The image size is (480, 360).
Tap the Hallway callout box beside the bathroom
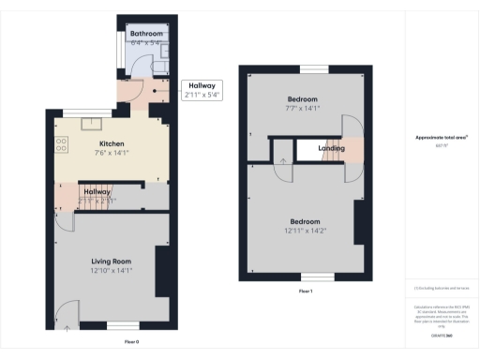click(202, 90)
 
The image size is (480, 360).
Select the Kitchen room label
click(112, 143)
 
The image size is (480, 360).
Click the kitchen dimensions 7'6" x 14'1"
click(112, 153)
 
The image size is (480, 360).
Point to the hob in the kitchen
click(62, 144)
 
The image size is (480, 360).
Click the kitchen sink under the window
click(94, 121)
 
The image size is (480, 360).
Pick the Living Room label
click(111, 261)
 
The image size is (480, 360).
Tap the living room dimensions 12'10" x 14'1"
click(111, 270)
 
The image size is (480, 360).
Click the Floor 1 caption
click(305, 292)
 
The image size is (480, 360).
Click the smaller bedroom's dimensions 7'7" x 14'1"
click(302, 108)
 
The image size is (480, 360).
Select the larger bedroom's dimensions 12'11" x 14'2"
click(304, 232)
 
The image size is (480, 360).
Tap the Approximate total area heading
click(442, 138)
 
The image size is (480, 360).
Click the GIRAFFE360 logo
click(442, 334)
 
